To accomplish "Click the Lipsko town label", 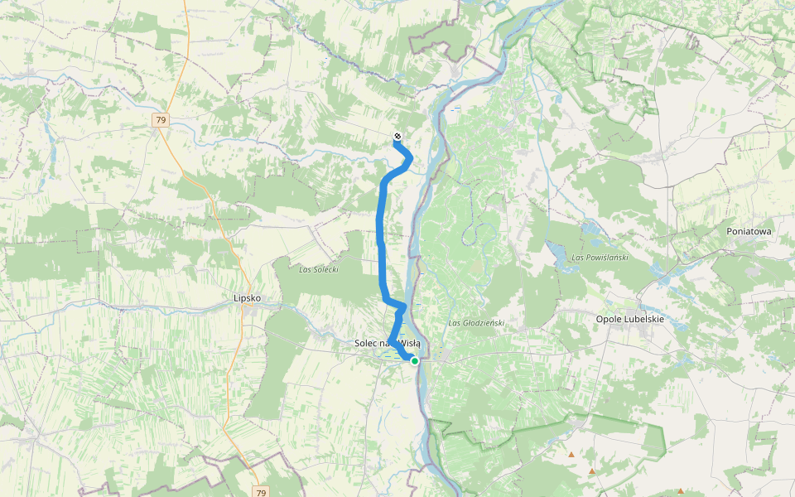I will pyautogui.click(x=248, y=298).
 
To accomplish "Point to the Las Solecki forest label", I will pyautogui.click(x=319, y=269).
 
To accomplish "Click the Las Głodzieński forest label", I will pyautogui.click(x=476, y=322).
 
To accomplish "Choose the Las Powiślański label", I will pyautogui.click(x=600, y=258).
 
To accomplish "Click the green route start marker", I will pyautogui.click(x=414, y=360).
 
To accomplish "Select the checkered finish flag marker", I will pyautogui.click(x=397, y=136).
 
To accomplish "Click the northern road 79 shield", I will pyautogui.click(x=161, y=120).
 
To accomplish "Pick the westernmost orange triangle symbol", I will pyautogui.click(x=571, y=455).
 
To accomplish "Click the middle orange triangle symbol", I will pyautogui.click(x=591, y=471).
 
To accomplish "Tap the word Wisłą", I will pyautogui.click(x=409, y=343).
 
